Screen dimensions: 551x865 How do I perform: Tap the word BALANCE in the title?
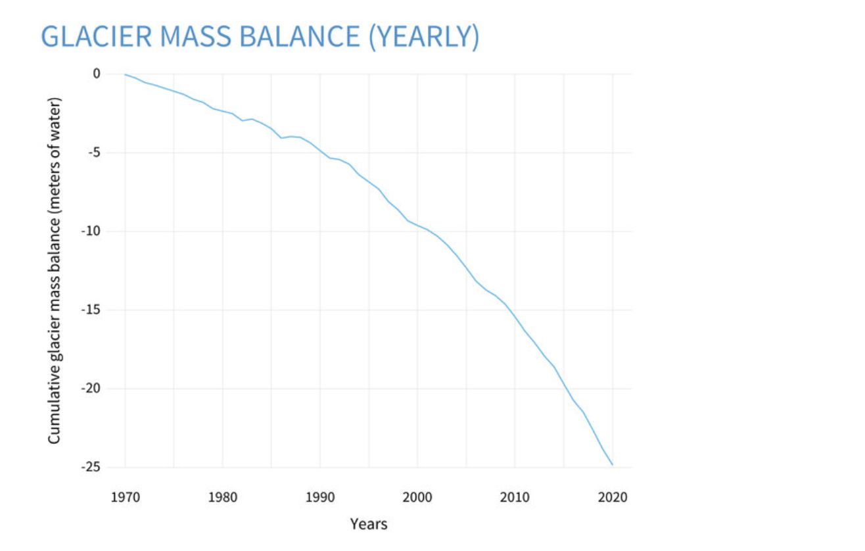297,37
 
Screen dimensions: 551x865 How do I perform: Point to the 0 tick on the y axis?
96,74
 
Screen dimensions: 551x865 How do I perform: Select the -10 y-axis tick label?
91,231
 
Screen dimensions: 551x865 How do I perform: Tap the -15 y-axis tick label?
91,310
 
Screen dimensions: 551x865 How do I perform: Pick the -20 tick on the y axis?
91,389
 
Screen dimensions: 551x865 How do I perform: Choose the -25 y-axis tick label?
91,467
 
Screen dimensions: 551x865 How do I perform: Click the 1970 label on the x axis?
125,496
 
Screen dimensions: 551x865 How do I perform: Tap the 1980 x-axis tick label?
223,496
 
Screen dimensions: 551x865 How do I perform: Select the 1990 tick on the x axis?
320,496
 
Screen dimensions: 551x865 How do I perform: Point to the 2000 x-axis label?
417,496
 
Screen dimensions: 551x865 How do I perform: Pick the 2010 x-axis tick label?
515,496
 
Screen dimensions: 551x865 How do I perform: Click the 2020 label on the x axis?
613,496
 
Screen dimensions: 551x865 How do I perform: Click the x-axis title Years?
369,524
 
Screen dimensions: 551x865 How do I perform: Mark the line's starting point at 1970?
125,74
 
